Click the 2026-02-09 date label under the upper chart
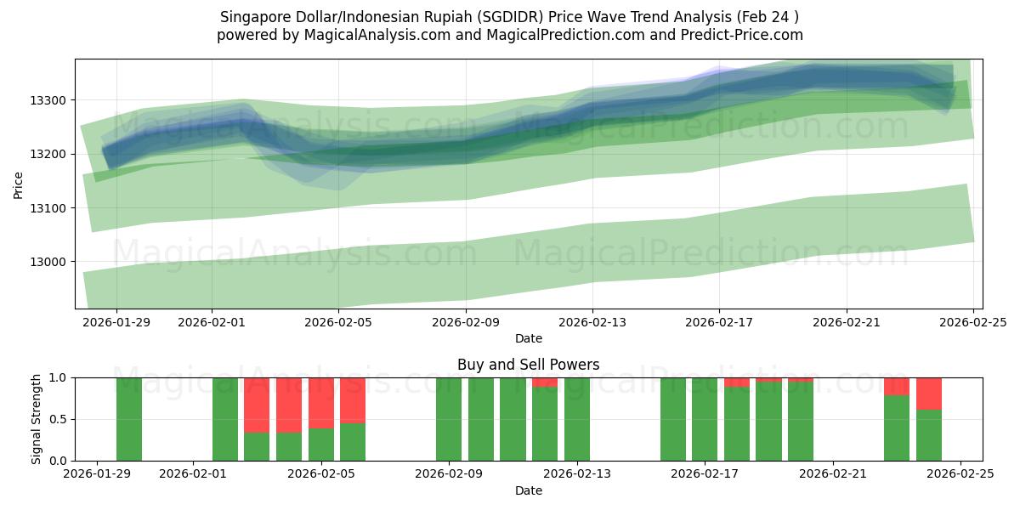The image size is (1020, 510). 466,323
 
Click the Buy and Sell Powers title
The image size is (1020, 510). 528,365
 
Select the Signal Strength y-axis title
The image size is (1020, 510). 36,419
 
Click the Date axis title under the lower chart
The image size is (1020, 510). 528,490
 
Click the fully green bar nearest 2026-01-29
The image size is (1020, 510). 129,419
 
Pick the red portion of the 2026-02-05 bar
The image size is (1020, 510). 321,402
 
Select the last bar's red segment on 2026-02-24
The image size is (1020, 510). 929,394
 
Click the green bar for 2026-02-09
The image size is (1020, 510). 449,419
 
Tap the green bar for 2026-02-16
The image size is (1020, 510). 672,419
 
